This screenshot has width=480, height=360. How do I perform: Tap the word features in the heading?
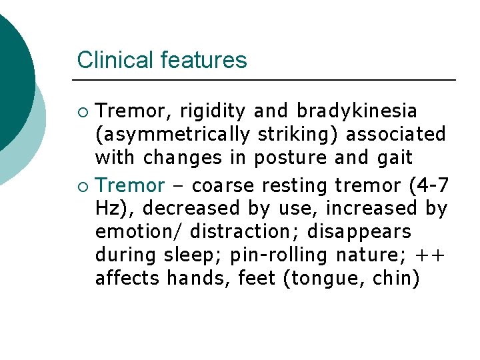tap(203, 60)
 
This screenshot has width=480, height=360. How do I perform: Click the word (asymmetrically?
tap(172, 135)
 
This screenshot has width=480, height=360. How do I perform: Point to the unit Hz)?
tap(115, 209)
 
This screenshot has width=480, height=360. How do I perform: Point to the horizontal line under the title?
tap(266, 80)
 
